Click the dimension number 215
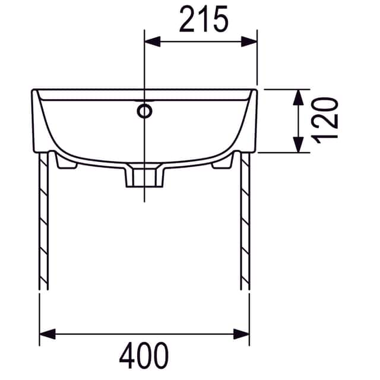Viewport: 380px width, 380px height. click(204, 18)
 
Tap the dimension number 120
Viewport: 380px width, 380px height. click(325, 121)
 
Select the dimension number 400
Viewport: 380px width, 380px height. click(144, 355)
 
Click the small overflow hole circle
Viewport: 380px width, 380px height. click(144, 111)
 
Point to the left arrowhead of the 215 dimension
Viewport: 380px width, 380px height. click(153, 42)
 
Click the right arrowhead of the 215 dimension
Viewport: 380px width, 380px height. click(249, 42)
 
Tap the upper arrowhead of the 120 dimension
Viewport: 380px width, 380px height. click(298, 97)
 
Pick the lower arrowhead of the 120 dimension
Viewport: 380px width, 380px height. click(298, 145)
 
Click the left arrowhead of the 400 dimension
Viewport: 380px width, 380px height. click(47, 334)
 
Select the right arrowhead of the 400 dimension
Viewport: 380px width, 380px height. click(241, 334)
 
